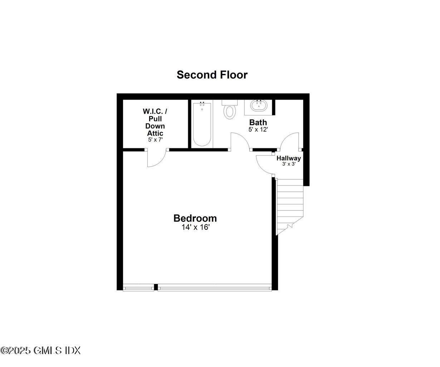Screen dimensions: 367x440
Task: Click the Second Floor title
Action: tap(212, 75)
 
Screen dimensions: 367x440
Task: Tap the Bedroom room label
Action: tap(195, 218)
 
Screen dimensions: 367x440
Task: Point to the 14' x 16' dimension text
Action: tap(195, 227)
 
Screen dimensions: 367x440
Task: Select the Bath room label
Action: tap(258, 122)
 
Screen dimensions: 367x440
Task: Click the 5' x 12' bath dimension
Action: tap(258, 129)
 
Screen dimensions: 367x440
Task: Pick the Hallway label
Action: tap(289, 158)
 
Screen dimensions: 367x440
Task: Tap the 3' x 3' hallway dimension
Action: tap(289, 165)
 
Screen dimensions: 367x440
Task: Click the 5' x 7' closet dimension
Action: tap(155, 140)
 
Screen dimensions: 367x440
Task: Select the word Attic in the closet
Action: tap(155, 133)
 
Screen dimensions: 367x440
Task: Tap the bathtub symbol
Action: tap(202, 124)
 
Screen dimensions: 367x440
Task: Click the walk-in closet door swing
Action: tap(156, 158)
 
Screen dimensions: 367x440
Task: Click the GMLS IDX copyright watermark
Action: tap(40, 351)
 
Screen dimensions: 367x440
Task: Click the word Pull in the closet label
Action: tap(155, 119)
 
